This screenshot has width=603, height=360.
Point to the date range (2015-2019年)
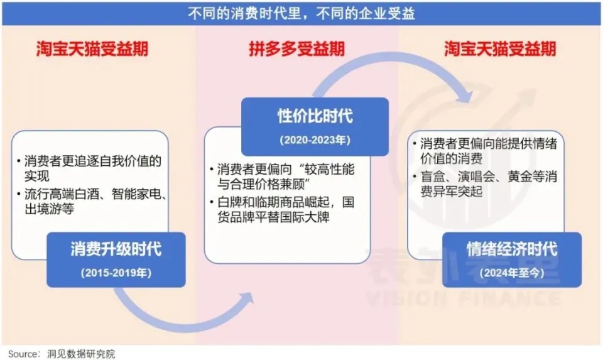[x=116, y=273]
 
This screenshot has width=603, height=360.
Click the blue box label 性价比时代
[x=315, y=116]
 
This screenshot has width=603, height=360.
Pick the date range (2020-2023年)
[x=315, y=139]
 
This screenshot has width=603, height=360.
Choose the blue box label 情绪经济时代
[x=512, y=249]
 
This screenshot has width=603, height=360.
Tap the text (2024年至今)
[x=512, y=273]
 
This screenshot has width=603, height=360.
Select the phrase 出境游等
[x=50, y=209]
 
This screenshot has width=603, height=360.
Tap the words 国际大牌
[x=313, y=218]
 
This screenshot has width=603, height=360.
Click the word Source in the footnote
[x=20, y=353]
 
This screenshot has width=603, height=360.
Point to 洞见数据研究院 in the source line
[x=81, y=353]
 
